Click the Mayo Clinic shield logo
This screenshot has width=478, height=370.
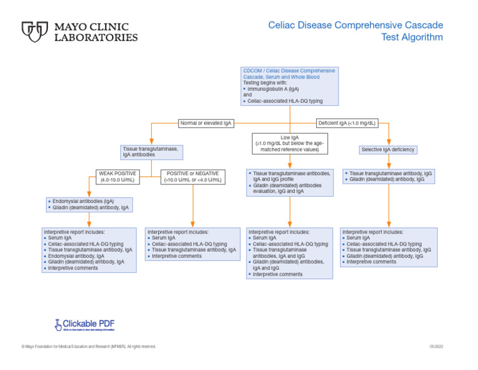(35, 32)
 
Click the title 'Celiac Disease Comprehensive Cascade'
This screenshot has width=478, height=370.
(355, 25)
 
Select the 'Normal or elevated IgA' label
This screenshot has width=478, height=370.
(205, 123)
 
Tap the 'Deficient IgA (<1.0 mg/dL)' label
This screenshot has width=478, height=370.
(347, 123)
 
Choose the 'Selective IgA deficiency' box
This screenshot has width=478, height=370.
(388, 149)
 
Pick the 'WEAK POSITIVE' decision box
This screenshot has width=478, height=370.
(117, 176)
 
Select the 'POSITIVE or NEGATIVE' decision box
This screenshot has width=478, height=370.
(192, 176)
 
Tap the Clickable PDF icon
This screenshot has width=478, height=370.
(58, 324)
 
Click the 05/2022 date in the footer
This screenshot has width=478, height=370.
(436, 346)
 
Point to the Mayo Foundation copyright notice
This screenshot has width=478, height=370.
(88, 346)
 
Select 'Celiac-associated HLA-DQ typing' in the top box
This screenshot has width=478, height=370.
(285, 101)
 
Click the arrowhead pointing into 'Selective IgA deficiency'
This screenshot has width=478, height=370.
(388, 142)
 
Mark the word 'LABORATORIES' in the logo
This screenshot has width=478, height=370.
(96, 37)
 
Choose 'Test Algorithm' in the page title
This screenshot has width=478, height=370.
(412, 37)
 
